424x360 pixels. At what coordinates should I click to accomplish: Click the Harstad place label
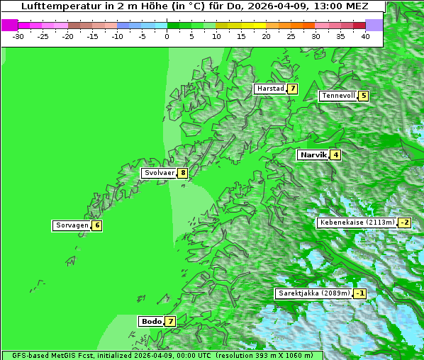click(x=270, y=89)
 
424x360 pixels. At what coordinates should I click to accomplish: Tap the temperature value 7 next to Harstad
click(x=291, y=89)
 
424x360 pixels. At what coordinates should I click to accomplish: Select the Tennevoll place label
click(x=337, y=96)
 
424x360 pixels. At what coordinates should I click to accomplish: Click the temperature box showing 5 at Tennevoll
click(x=363, y=96)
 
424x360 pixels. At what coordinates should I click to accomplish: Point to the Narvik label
click(x=313, y=154)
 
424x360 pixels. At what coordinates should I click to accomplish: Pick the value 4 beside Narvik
click(x=335, y=154)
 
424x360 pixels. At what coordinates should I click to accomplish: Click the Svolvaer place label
click(x=159, y=172)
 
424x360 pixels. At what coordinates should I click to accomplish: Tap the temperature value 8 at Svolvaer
click(x=182, y=172)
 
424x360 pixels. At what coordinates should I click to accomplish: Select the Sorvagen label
click(x=72, y=225)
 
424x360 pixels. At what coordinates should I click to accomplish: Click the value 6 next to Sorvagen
click(x=96, y=225)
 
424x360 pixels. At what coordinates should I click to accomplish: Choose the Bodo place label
click(x=151, y=321)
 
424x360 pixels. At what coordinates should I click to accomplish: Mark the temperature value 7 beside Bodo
click(x=170, y=321)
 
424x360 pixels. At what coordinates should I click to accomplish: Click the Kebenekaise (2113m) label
click(x=357, y=223)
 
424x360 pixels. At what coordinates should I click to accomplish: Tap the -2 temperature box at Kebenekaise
click(x=404, y=223)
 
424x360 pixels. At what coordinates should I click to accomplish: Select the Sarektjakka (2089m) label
click(x=313, y=293)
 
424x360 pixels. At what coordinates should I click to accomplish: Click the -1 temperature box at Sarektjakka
click(x=360, y=293)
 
